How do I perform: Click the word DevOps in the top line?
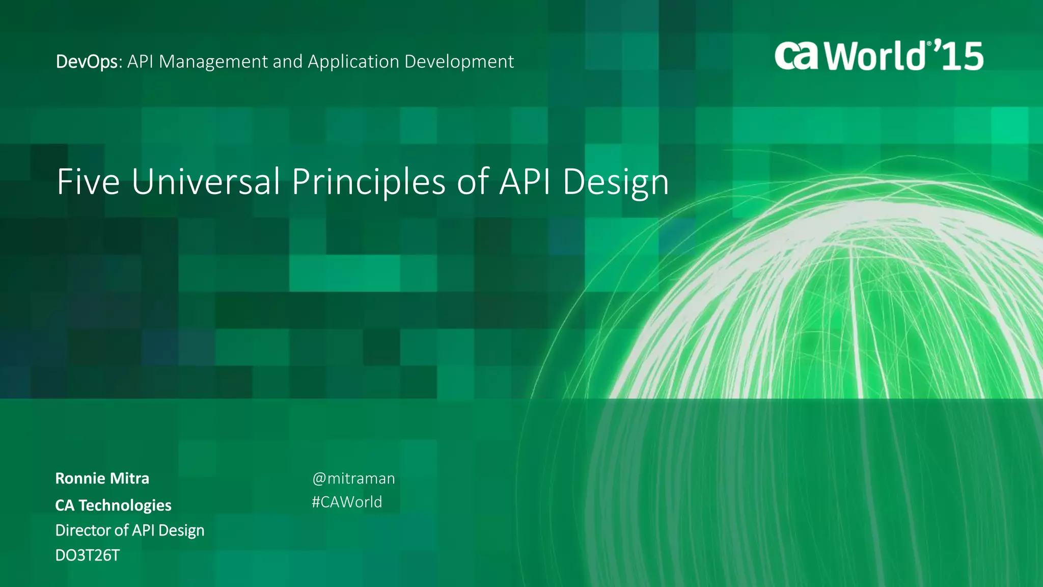(87, 62)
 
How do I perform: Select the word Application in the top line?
(353, 62)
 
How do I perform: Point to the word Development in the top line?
(459, 62)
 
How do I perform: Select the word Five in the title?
(88, 181)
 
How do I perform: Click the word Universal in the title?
(206, 181)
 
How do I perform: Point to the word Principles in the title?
(369, 182)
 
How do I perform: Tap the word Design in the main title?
(615, 182)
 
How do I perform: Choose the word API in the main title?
(525, 181)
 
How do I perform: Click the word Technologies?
(125, 505)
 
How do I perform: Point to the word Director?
(83, 530)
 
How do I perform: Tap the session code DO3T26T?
(87, 555)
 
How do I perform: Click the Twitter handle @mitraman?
(353, 478)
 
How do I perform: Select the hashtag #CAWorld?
(347, 502)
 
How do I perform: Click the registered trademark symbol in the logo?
(929, 44)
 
